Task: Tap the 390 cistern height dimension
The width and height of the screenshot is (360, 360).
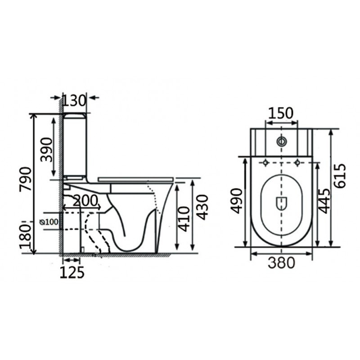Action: point(47,150)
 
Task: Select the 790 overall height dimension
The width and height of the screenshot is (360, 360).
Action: point(25,179)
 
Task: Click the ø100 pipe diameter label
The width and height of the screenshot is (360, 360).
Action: point(49,222)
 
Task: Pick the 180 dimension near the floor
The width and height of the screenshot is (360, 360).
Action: point(25,238)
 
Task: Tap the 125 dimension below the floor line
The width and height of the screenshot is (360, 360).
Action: point(72,272)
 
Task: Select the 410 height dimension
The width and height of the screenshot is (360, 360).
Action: point(184,219)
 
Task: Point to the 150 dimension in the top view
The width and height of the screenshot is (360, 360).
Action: point(281,113)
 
